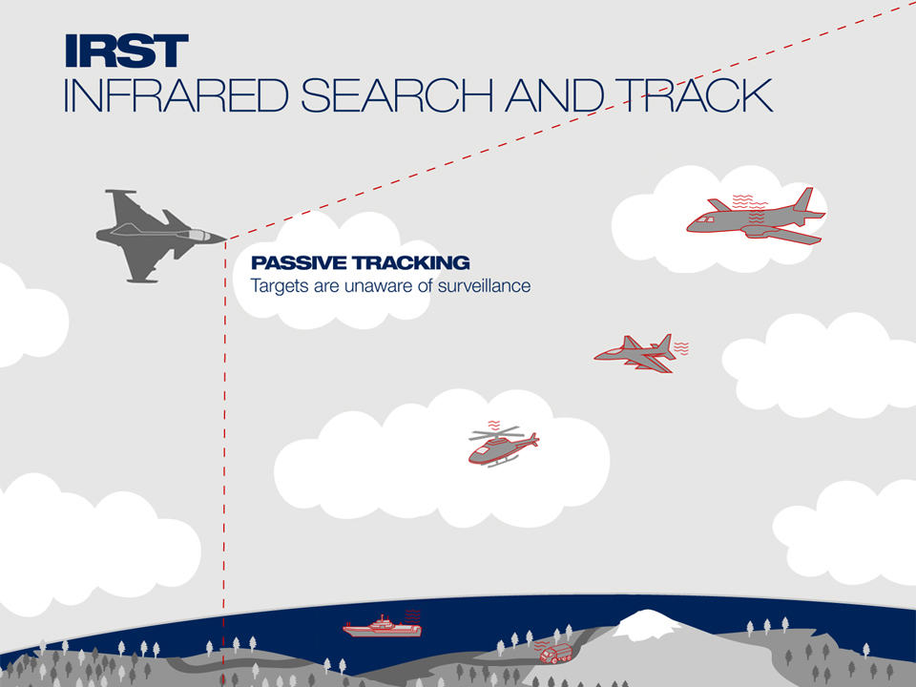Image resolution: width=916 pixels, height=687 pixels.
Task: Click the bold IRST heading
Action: pos(126,51)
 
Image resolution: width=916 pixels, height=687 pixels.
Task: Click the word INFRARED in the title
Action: pos(176,95)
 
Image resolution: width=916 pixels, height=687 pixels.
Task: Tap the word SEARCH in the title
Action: pos(397,95)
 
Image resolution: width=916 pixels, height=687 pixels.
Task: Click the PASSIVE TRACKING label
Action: pos(361,263)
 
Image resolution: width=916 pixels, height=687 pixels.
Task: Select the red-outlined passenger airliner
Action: pos(756,218)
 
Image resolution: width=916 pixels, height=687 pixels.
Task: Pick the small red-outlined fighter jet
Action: pos(635,353)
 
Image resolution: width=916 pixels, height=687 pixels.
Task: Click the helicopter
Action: pos(503,447)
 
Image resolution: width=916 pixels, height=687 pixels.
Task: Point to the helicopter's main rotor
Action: pos(497,433)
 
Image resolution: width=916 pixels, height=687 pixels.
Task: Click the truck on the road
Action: pos(555,654)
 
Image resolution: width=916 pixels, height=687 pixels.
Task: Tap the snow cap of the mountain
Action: pos(646,623)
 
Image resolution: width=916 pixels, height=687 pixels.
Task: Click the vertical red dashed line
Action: pos(224,462)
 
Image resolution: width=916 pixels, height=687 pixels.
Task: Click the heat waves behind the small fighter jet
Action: pos(681,348)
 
